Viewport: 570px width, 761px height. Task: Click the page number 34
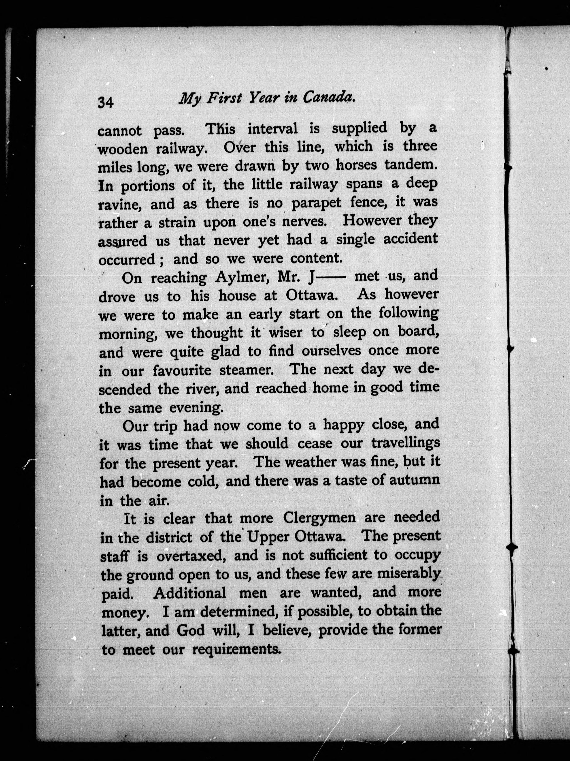point(106,103)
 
